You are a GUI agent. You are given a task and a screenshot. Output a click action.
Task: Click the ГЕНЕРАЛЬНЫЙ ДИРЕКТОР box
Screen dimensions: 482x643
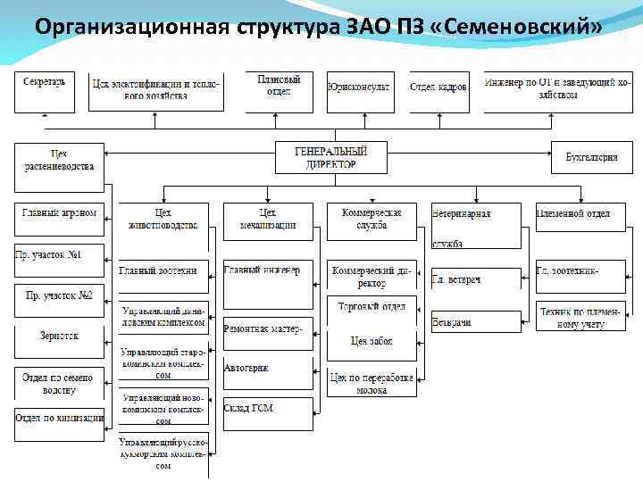(330, 157)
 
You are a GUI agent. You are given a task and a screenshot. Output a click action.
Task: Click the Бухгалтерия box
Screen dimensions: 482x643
(590, 157)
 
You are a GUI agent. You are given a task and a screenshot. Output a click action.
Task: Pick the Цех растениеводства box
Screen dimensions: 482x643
(59, 166)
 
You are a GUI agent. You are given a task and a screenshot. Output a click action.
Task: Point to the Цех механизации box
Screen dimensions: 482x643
(268, 220)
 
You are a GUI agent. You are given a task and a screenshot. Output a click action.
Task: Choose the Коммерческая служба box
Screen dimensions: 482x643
(372, 220)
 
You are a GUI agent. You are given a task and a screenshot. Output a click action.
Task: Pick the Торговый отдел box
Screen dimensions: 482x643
(372, 309)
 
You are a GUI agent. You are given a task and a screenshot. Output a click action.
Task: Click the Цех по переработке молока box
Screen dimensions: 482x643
(372, 384)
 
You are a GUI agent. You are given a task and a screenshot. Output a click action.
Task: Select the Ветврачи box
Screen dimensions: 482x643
(475, 321)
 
